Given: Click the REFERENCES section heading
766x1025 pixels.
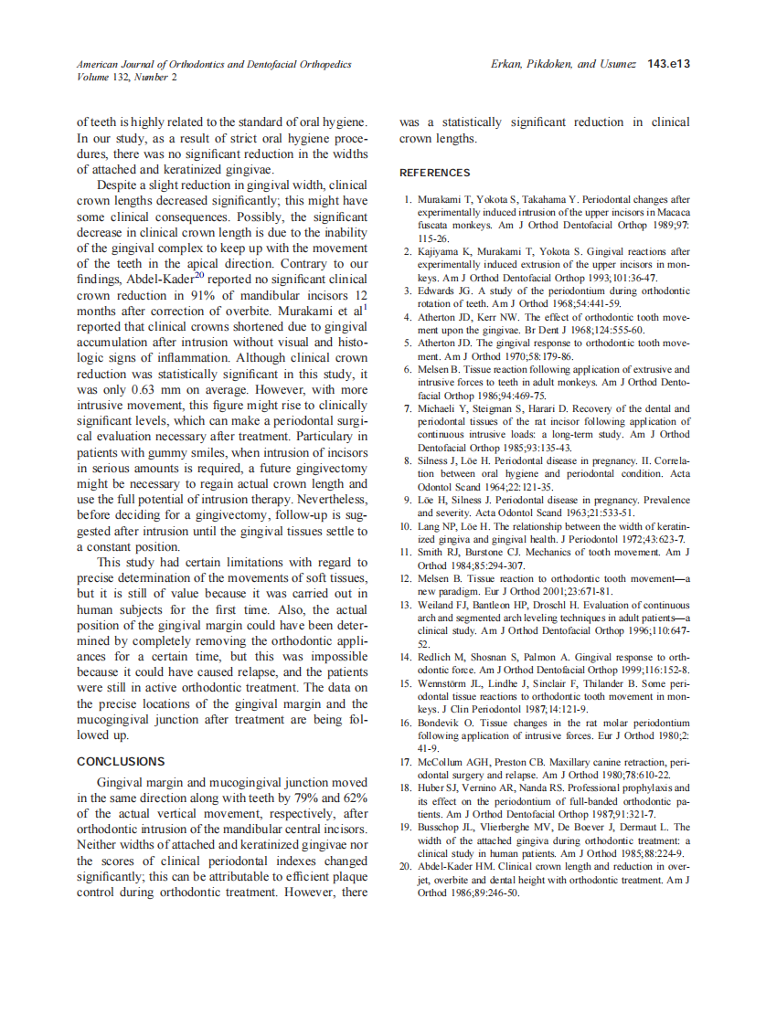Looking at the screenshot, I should click(434, 173).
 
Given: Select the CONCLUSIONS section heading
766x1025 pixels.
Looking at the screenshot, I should click(121, 761).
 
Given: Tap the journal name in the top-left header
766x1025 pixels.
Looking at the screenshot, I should click(214, 64).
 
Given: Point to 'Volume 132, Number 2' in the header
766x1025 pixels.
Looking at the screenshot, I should click(127, 77).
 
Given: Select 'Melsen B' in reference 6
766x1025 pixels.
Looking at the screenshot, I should click(440, 369).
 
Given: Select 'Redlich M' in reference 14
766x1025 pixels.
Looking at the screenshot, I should click(442, 657).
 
